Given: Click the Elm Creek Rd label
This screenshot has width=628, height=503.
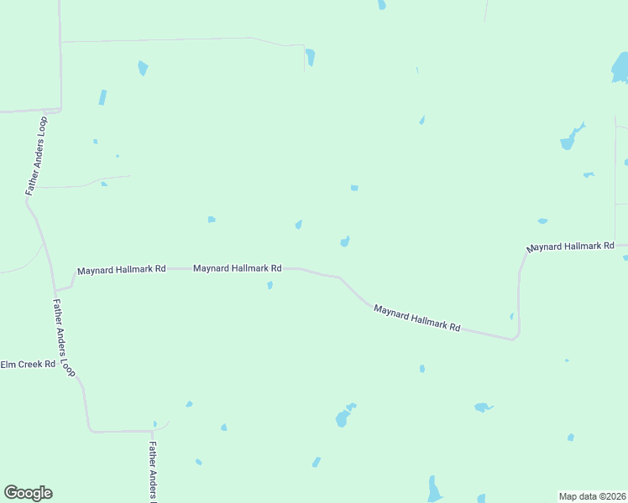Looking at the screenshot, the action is [28, 365].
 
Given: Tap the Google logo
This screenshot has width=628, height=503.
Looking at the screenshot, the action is [28, 493].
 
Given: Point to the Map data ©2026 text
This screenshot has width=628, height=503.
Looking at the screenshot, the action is [592, 496].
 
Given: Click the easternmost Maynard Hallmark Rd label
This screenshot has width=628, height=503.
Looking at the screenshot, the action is [570, 246].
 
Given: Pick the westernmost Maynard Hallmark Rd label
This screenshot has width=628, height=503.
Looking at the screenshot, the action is [122, 270].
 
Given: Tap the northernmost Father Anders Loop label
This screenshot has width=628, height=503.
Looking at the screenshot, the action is [37, 156].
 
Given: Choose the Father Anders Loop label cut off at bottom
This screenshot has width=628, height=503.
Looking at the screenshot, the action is [154, 472].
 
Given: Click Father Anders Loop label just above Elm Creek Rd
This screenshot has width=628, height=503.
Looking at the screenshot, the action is [64, 335].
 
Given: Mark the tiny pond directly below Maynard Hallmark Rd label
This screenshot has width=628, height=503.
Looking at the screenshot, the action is [270, 286].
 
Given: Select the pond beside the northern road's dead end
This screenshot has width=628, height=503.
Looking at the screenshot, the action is [311, 57].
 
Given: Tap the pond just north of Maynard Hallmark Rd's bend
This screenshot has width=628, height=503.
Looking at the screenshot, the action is [345, 241].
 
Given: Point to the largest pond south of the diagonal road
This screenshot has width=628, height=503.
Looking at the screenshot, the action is [343, 417].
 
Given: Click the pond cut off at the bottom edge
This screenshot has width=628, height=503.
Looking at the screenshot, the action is [434, 490].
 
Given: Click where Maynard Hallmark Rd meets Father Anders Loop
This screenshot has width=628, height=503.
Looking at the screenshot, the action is [57, 289].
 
